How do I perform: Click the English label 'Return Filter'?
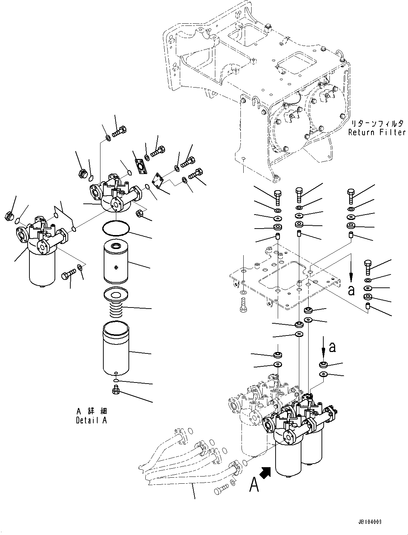[x=376, y=132]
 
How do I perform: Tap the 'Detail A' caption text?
[x=91, y=420]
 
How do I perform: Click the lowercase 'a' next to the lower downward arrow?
[x=333, y=347]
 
